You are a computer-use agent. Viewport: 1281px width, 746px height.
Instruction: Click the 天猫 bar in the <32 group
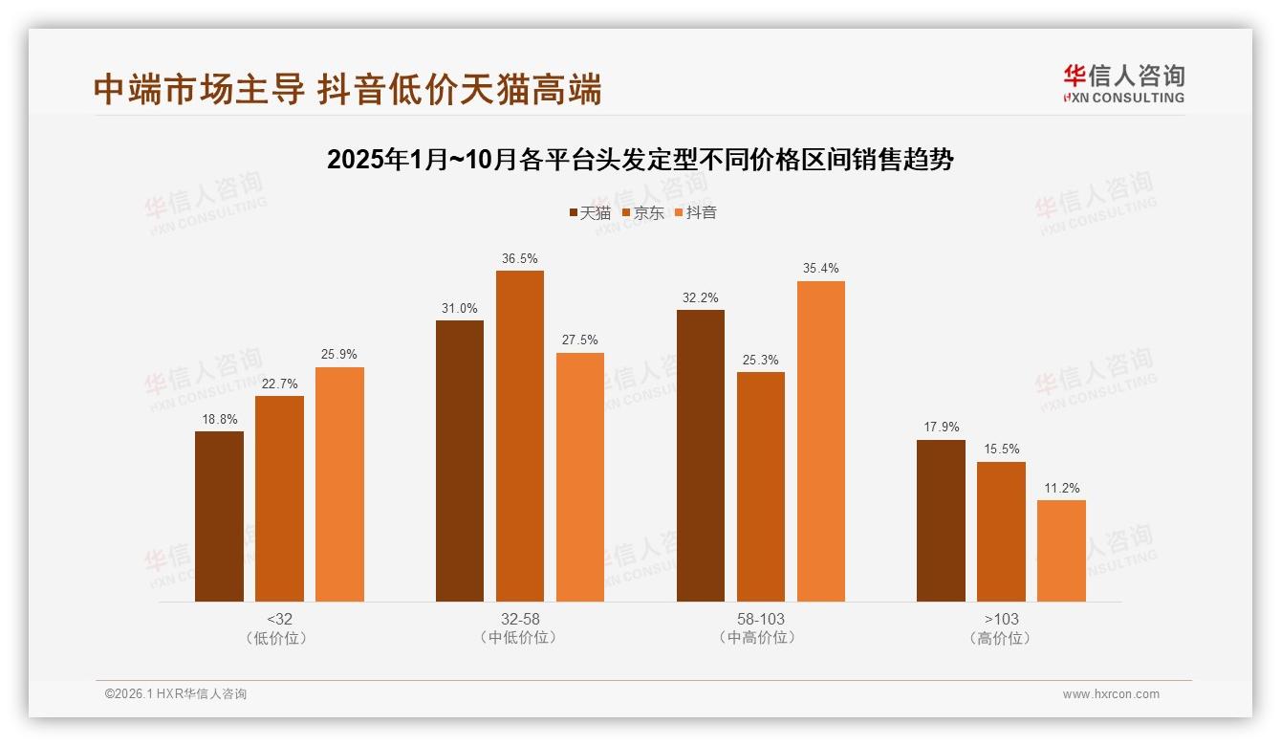[x=219, y=516]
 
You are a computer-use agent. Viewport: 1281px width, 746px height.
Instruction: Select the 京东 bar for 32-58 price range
[x=519, y=436]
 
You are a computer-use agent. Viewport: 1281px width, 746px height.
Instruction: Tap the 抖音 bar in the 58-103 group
[x=820, y=441]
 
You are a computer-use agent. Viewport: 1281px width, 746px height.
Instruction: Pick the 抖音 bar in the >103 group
[x=1061, y=551]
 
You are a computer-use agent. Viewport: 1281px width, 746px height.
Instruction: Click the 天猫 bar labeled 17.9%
[x=941, y=520]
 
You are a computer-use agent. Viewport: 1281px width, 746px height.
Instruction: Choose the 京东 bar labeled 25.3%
[x=760, y=487]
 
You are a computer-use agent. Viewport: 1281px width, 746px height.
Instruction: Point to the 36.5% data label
[x=519, y=259]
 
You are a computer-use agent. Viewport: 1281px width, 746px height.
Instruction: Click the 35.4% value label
[x=820, y=269]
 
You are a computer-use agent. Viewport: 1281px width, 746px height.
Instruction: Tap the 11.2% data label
[x=1061, y=489]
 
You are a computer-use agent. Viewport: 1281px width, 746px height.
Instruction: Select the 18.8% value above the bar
[x=219, y=420]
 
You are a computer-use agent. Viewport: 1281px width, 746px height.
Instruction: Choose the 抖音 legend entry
[x=695, y=213]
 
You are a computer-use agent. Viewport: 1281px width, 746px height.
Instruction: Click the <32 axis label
[x=279, y=619]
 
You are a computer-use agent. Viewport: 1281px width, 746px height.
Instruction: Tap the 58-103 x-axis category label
[x=760, y=619]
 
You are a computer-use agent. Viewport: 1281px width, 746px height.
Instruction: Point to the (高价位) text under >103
[x=1001, y=638]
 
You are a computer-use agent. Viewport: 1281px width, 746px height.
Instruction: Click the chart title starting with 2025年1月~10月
[x=640, y=160]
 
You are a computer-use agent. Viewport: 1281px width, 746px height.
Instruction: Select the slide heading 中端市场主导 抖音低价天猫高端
[x=348, y=89]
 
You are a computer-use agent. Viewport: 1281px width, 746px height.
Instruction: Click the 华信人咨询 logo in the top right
[x=1123, y=83]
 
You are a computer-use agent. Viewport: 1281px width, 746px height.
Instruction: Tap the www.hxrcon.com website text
[x=1110, y=694]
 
